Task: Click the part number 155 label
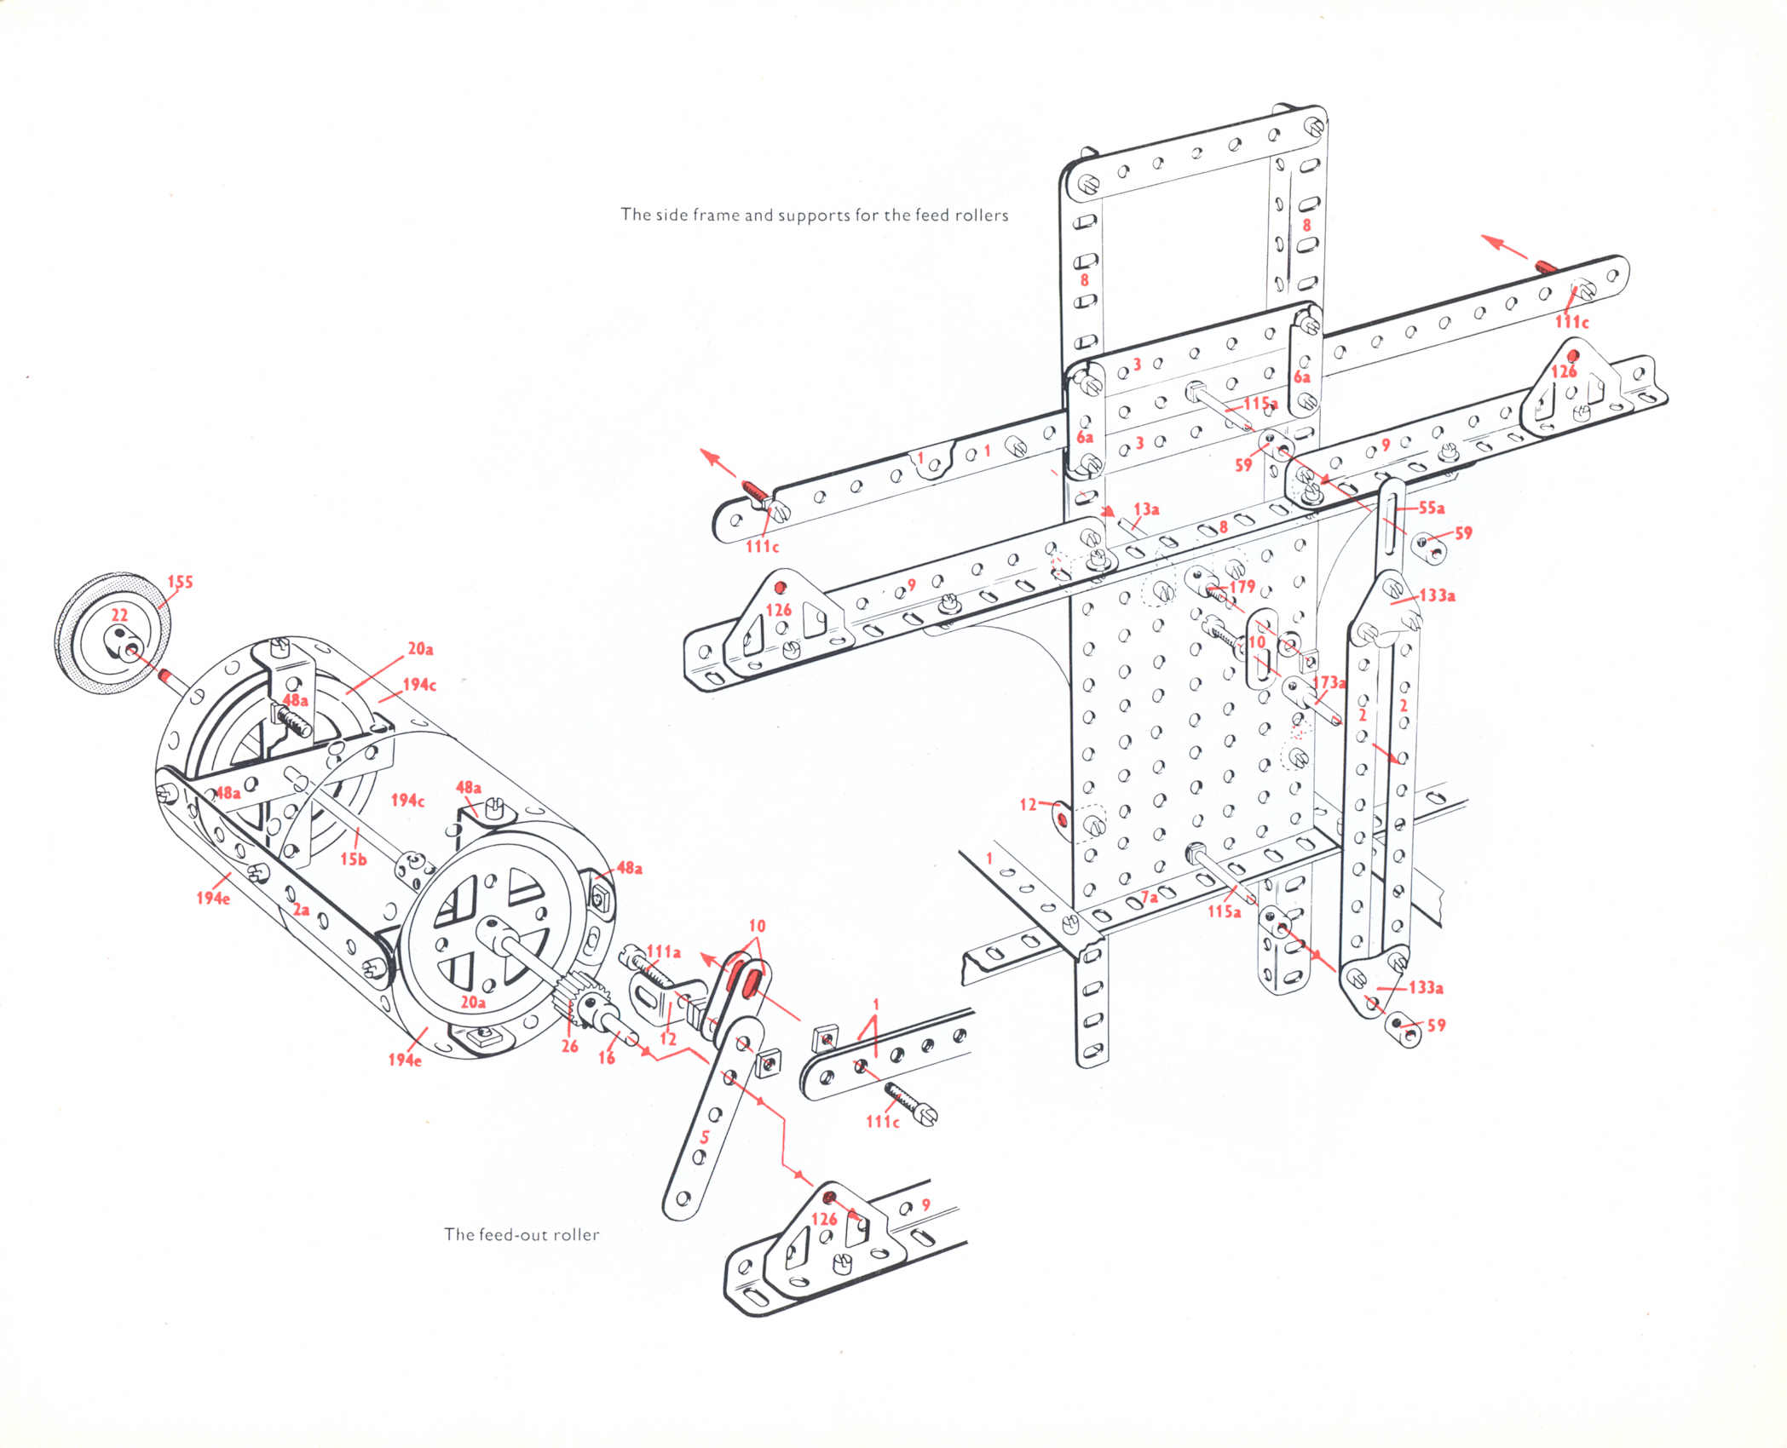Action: pos(180,583)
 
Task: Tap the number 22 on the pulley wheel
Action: pos(119,615)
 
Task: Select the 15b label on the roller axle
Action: pos(353,859)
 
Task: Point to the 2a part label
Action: pos(301,910)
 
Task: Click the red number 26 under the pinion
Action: pos(569,1046)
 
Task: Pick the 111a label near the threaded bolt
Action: pos(664,951)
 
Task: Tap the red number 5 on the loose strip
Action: pos(704,1137)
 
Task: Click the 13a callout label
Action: pos(1146,509)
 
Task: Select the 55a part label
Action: pos(1431,509)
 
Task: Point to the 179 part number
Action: pos(1242,587)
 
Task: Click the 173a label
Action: pos(1329,682)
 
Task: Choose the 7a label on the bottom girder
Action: pos(1150,897)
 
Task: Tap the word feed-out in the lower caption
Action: pos(514,1235)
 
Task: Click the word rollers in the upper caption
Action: pos(981,215)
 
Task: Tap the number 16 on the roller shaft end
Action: pos(606,1058)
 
